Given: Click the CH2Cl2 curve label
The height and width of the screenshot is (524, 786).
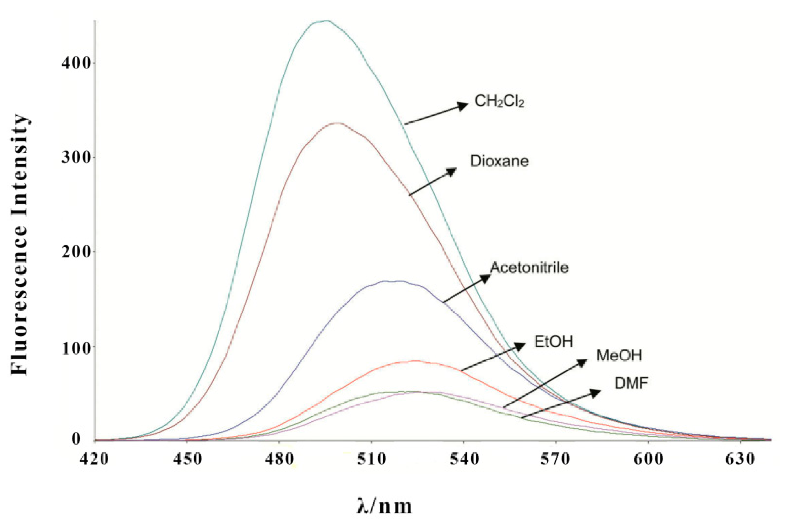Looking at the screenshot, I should tap(499, 101).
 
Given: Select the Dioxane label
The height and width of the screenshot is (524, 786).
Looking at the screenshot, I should tap(499, 161).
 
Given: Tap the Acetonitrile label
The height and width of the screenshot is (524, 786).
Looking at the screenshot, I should tap(529, 268).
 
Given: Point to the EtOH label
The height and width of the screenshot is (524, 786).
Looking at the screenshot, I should tap(553, 341).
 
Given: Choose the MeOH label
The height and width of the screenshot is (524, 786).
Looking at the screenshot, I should tap(619, 355).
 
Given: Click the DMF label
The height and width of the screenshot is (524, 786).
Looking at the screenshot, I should tap(631, 383).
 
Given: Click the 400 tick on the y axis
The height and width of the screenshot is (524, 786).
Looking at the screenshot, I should tap(76, 63).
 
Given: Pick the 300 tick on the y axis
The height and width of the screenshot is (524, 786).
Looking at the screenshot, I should tap(76, 157).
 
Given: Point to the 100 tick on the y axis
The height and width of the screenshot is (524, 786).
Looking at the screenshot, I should tap(76, 347).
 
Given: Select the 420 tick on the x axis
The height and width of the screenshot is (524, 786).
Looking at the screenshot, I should tap(94, 459).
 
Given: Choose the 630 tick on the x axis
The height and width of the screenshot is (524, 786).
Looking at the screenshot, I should tap(740, 459).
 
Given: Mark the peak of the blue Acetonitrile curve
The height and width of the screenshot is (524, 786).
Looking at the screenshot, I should tap(393, 281).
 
